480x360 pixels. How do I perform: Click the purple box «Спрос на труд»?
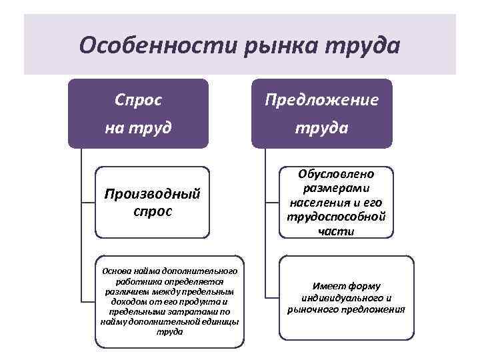(138, 113)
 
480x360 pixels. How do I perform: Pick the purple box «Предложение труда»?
(321, 113)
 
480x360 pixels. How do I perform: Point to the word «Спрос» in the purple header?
(138, 101)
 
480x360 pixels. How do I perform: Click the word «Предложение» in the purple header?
(321, 101)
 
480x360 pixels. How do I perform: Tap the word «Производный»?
(153, 195)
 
